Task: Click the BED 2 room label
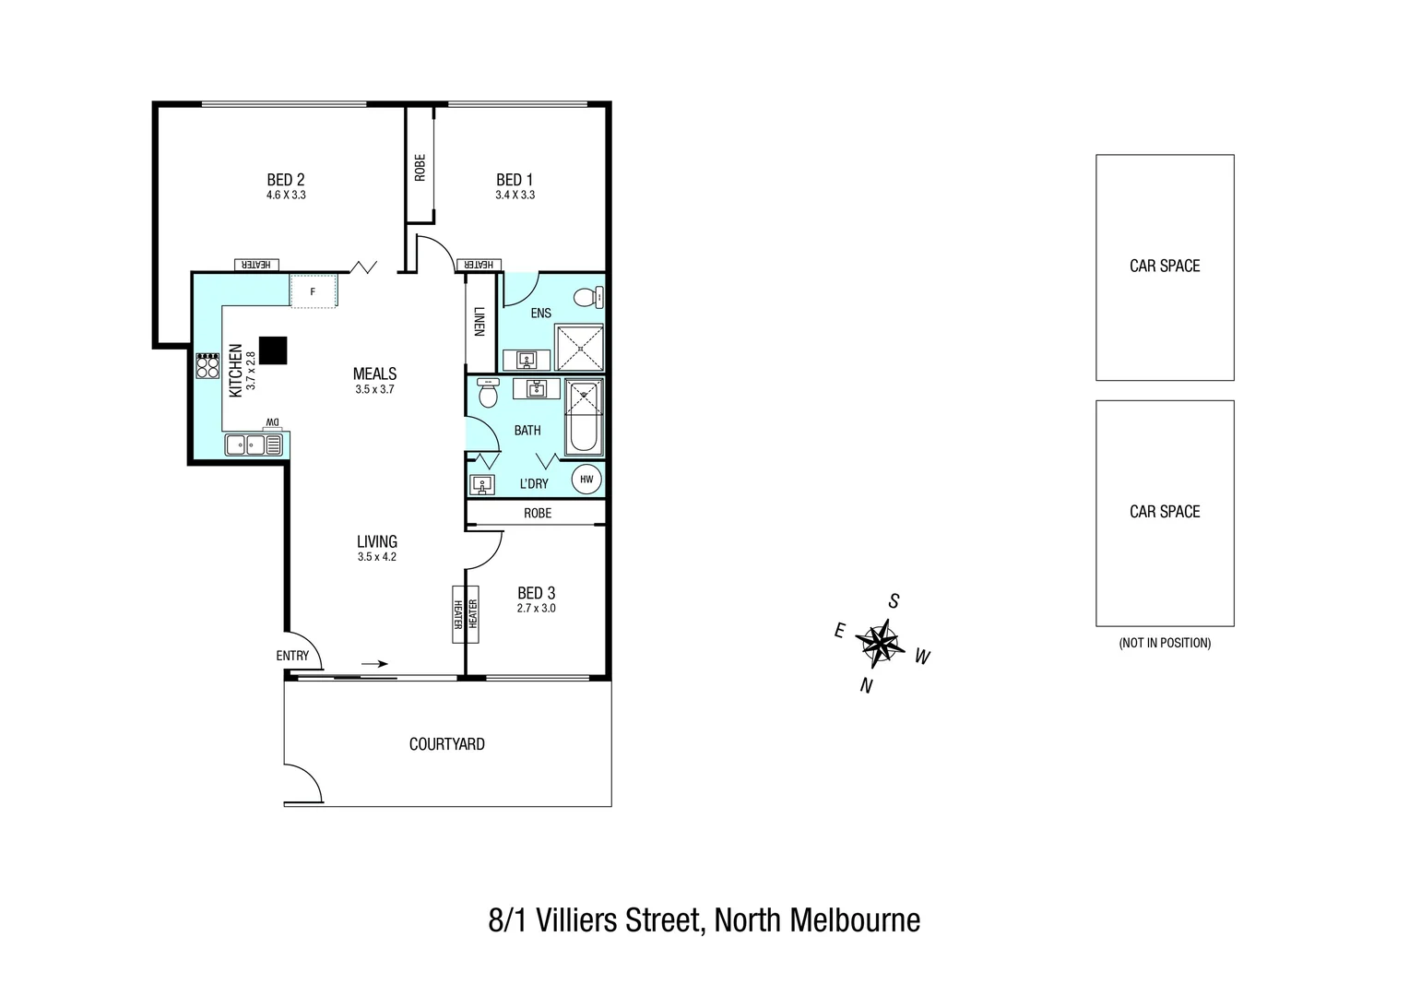click(x=285, y=180)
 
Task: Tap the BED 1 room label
click(x=515, y=180)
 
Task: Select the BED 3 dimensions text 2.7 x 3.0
click(x=536, y=609)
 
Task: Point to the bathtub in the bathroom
click(x=583, y=418)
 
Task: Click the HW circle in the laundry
click(x=586, y=480)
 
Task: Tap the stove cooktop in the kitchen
click(x=207, y=366)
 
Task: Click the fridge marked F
click(x=313, y=290)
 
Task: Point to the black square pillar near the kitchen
click(x=273, y=350)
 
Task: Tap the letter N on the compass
click(x=865, y=685)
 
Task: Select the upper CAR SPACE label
click(x=1165, y=266)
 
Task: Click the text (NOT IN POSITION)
click(x=1164, y=643)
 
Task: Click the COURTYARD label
click(x=446, y=744)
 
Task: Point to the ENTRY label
click(x=293, y=656)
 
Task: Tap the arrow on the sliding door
click(x=374, y=663)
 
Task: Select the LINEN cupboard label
click(x=480, y=321)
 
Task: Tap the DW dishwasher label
click(x=272, y=422)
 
